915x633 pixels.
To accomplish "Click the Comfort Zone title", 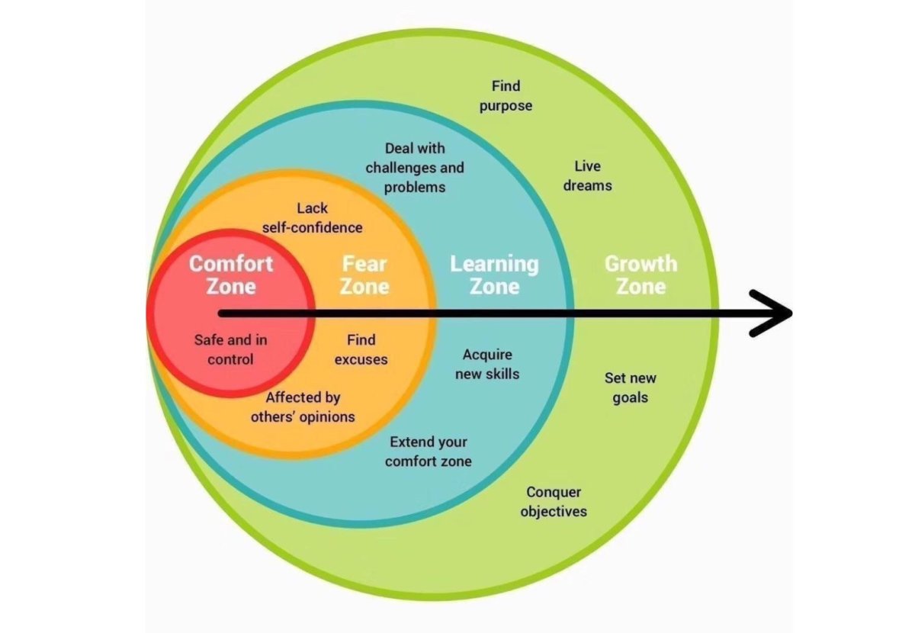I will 231,275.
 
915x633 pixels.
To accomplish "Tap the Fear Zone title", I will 364,275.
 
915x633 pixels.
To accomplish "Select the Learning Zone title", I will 494,275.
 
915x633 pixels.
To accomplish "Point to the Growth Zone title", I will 640,275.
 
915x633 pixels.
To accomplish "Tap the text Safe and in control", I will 230,349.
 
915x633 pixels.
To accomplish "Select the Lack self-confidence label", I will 313,218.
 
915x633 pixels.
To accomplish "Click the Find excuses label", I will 361,349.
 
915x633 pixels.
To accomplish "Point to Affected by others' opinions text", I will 303,407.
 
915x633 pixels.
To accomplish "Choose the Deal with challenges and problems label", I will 415,167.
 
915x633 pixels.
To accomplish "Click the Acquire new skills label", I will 487,364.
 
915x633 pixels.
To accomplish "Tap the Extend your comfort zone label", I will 428,451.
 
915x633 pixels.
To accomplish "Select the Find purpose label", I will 506,96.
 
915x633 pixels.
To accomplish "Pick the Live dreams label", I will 587,175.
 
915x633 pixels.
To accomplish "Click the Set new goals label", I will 630,387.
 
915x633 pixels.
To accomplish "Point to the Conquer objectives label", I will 554,502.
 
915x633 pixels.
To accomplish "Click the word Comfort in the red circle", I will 231,264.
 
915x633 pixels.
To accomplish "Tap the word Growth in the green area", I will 640,264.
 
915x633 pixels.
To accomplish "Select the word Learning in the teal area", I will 494,264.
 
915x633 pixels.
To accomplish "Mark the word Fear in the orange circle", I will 364,264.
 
